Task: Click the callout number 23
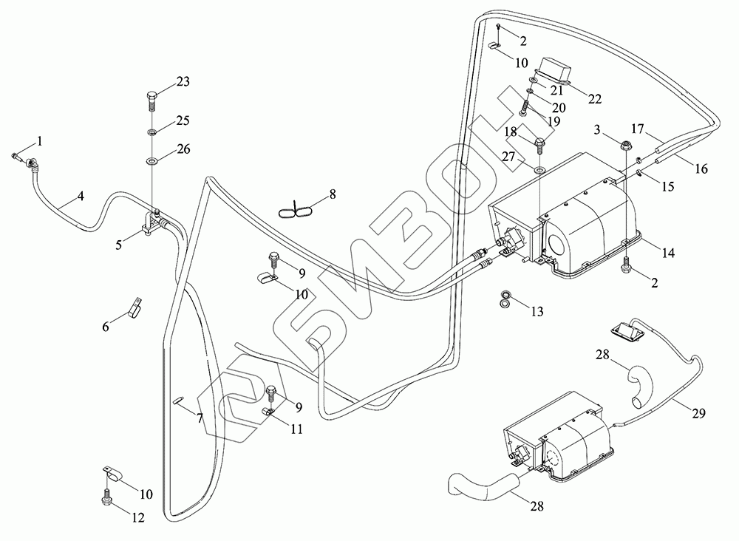(x=182, y=82)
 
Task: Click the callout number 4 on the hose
(x=80, y=197)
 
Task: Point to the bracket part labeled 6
(x=135, y=307)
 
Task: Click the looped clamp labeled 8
(x=296, y=211)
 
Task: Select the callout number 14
(x=668, y=253)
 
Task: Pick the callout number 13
(x=537, y=312)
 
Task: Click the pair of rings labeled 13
(x=505, y=299)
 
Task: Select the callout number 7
(x=200, y=418)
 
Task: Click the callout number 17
(x=638, y=127)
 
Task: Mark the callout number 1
(x=40, y=140)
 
